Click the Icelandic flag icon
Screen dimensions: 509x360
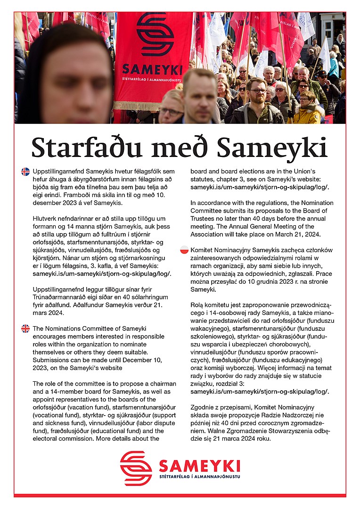point(25,172)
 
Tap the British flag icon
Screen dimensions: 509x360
point(25,328)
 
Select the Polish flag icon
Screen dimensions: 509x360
point(184,250)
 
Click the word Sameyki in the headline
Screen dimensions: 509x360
point(276,147)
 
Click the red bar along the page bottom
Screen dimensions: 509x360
point(180,495)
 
